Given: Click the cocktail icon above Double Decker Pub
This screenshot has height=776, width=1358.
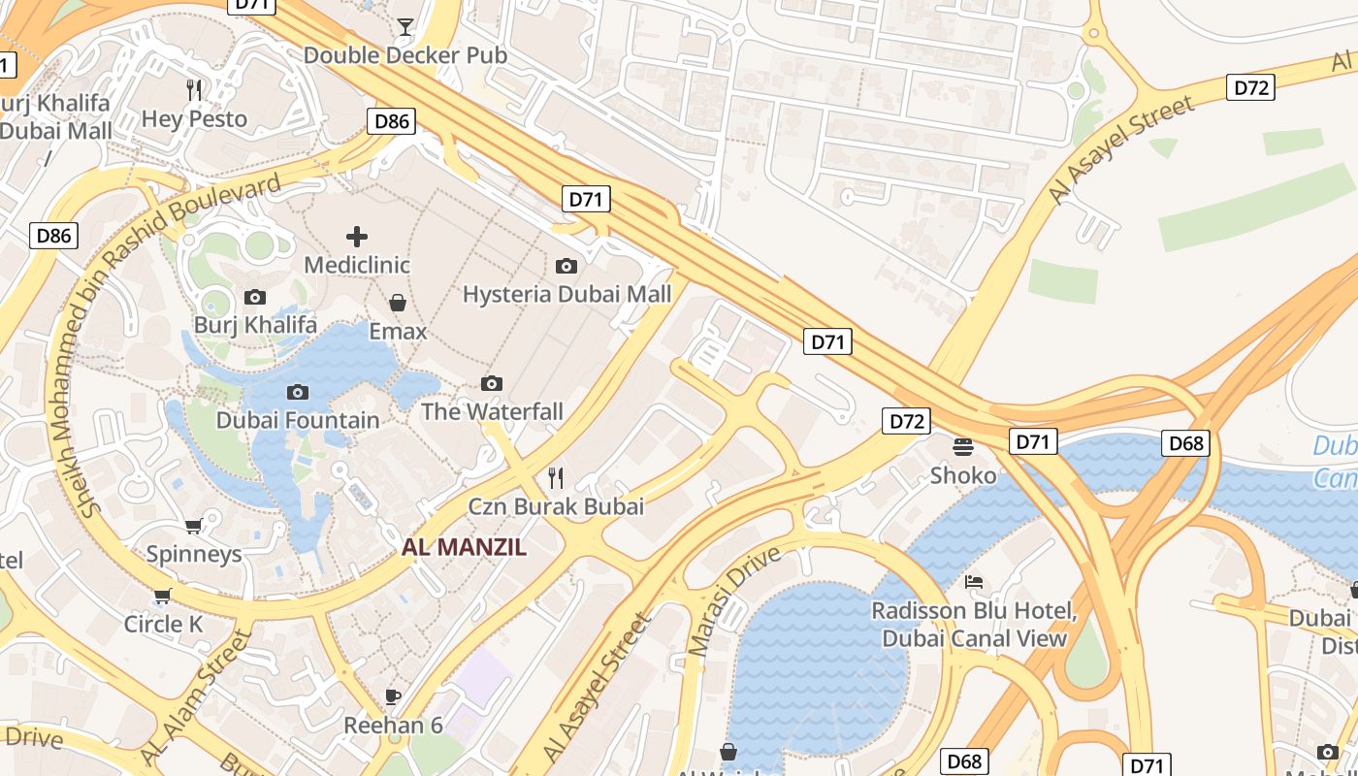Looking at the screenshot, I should click(x=405, y=26).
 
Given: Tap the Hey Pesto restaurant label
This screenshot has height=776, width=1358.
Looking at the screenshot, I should click(x=195, y=119).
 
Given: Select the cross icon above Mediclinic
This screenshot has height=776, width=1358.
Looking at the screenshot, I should click(x=357, y=236).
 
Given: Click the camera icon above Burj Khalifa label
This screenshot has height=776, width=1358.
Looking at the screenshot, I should click(x=255, y=297).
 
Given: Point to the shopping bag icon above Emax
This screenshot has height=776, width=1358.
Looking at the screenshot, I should click(x=398, y=303).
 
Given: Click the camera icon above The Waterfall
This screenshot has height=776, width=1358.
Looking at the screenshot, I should click(x=492, y=383).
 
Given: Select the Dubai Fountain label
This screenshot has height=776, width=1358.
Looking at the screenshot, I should click(x=298, y=420).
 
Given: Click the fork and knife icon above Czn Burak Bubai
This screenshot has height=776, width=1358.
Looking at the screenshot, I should click(x=556, y=477).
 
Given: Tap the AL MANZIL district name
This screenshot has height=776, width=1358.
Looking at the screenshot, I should click(x=465, y=547).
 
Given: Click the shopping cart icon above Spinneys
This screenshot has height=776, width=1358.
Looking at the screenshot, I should click(x=193, y=527).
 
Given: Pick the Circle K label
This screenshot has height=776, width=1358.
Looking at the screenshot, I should click(x=163, y=624).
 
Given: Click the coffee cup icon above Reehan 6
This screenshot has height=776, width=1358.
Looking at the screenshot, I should click(x=393, y=696).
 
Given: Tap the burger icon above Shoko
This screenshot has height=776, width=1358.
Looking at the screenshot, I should click(x=963, y=447).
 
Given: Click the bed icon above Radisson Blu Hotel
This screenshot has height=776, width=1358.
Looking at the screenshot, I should click(x=974, y=582).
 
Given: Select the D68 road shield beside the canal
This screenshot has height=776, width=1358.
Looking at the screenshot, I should click(x=1185, y=443).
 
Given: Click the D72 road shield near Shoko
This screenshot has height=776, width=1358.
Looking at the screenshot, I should click(x=906, y=421).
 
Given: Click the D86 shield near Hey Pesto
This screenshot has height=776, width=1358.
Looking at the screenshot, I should click(x=392, y=121).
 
